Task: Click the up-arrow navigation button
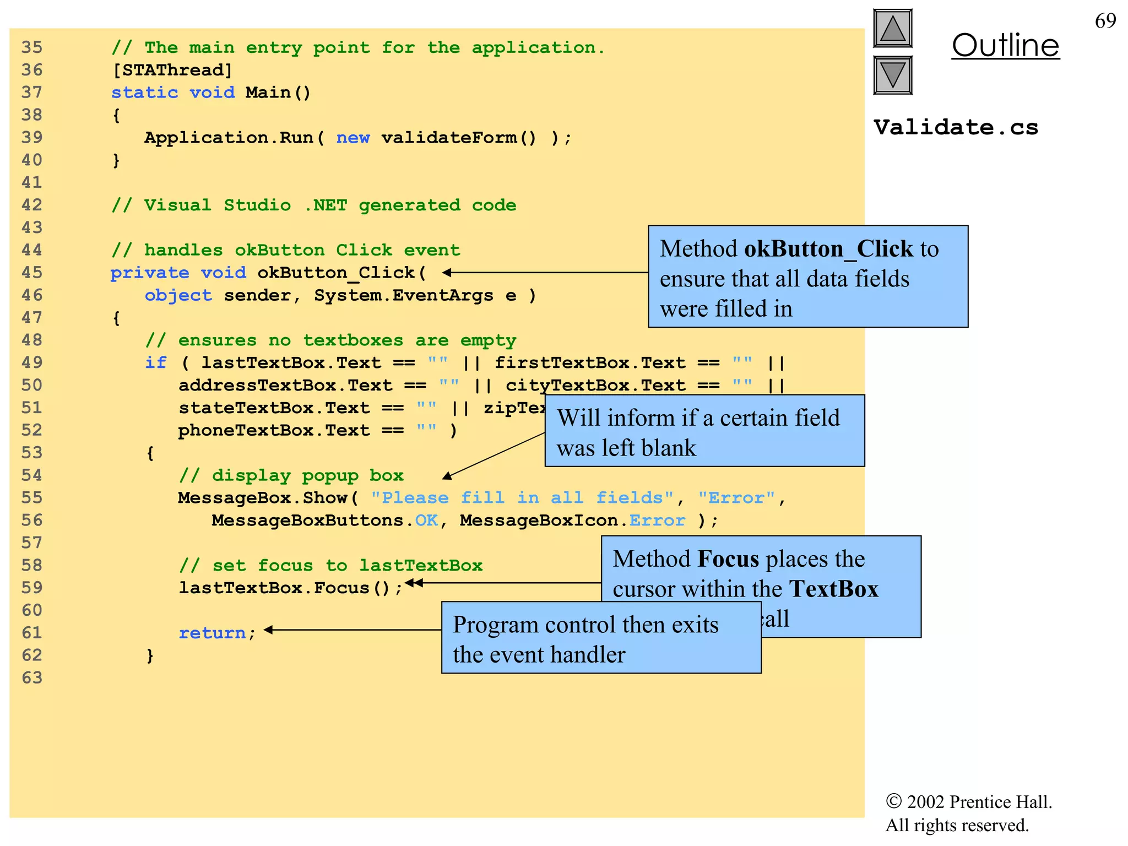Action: [x=892, y=29]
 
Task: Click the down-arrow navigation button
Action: [x=892, y=75]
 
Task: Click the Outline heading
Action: [x=1005, y=45]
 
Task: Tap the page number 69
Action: [x=1105, y=21]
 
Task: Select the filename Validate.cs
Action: [x=956, y=127]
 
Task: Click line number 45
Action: [x=32, y=273]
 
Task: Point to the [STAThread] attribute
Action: [x=172, y=70]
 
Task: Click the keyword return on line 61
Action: [x=212, y=633]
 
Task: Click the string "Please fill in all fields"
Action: [x=522, y=498]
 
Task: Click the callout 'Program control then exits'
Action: [x=601, y=637]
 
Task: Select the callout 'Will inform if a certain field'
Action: [x=704, y=431]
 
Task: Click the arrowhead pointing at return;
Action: [x=268, y=630]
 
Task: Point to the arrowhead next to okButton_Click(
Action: [x=447, y=272]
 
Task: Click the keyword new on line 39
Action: [x=352, y=138]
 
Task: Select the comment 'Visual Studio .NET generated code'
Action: [x=314, y=205]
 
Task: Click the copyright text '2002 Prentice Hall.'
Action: [x=979, y=801]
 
